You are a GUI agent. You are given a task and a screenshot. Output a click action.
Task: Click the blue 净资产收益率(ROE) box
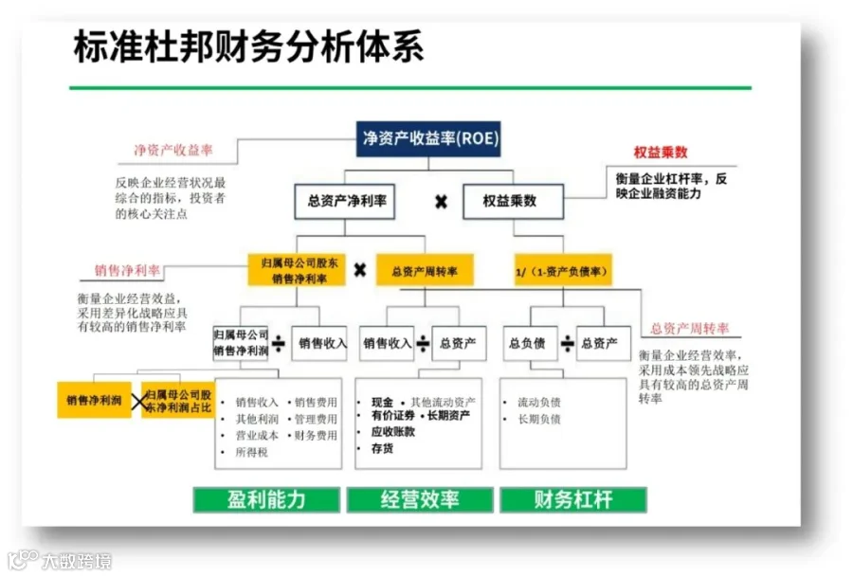428,138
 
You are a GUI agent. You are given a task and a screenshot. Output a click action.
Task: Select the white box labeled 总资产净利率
345,201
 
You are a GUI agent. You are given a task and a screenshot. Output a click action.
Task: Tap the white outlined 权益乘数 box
513,201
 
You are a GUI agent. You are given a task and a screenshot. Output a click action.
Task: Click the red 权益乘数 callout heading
661,153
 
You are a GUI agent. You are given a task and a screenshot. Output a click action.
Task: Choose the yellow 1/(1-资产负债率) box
563,270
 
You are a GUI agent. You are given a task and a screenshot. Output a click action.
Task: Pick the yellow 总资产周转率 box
425,270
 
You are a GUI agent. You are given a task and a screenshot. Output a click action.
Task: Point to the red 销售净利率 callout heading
127,270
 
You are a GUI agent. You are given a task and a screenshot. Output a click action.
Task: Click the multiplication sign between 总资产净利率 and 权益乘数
441,203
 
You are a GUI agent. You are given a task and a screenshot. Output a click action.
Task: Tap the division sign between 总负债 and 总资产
567,343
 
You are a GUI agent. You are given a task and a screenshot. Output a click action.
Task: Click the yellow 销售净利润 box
94,400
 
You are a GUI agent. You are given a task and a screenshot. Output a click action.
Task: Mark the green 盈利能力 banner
266,499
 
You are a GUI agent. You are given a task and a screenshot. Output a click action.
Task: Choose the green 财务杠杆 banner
573,499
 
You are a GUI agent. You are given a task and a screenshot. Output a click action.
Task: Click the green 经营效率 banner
420,499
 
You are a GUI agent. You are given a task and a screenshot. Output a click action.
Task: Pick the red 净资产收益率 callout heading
173,150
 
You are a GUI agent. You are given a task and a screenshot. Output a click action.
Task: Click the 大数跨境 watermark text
77,561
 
